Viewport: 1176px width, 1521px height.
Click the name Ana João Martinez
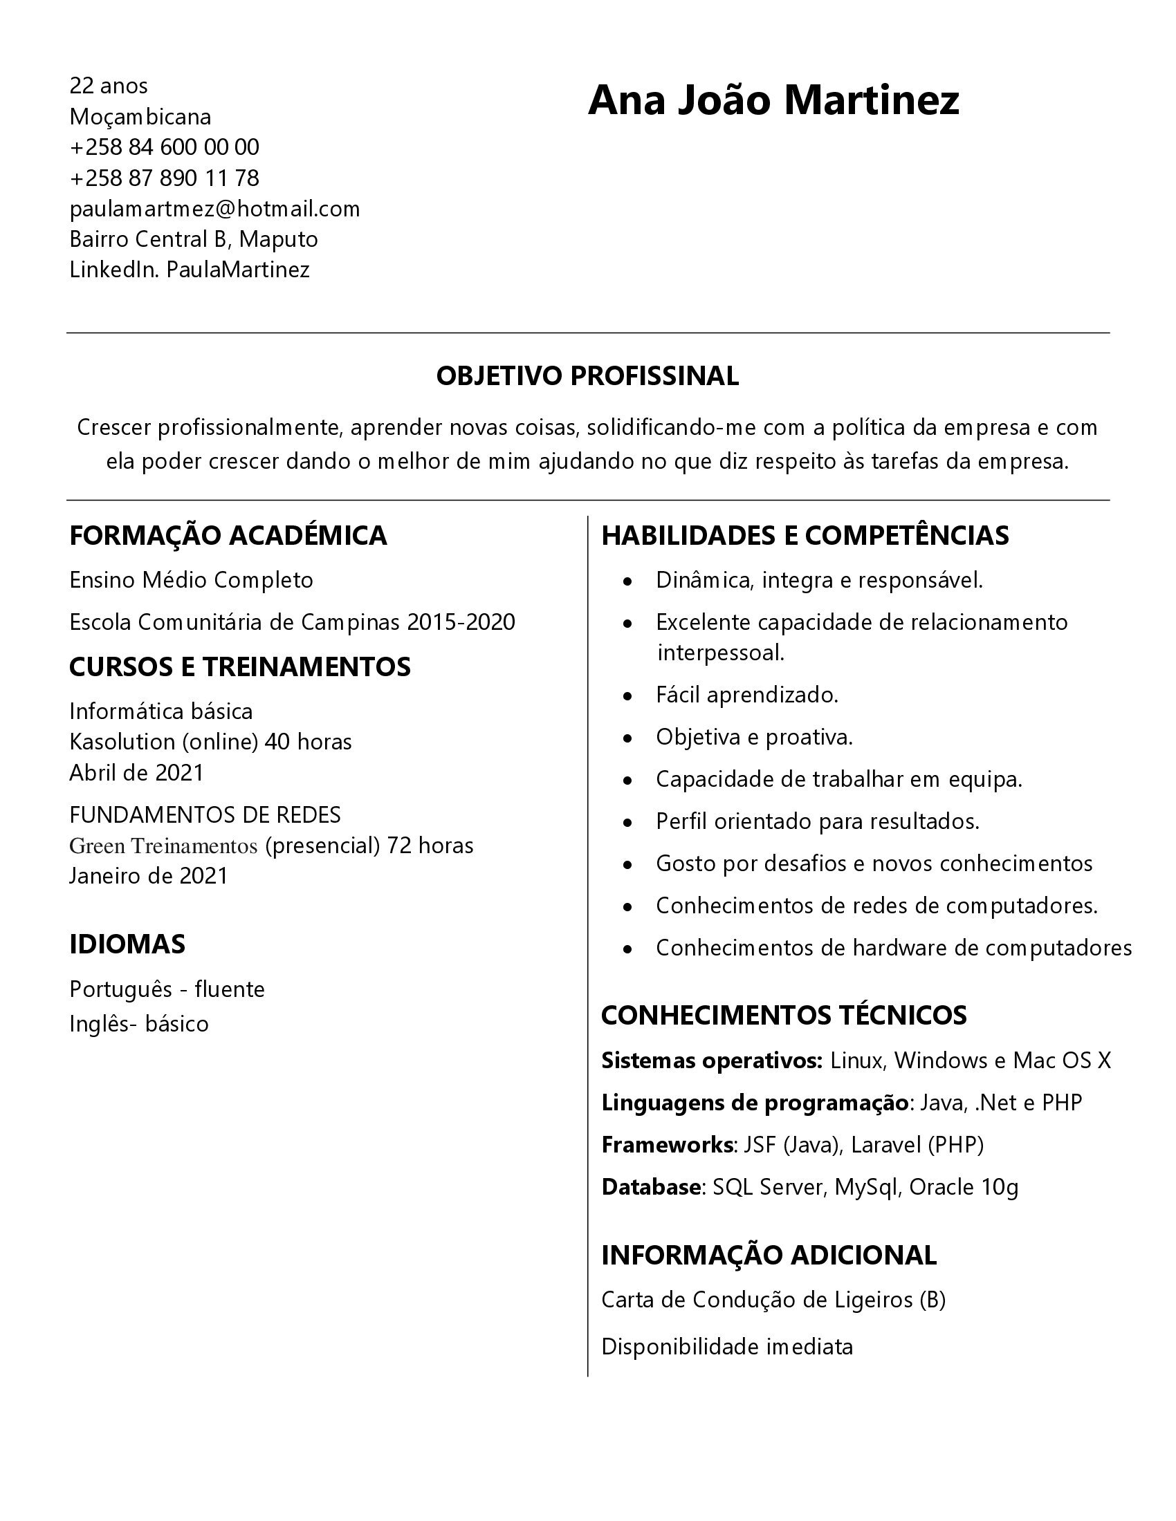coord(773,100)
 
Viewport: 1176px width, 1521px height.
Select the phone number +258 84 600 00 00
coord(165,147)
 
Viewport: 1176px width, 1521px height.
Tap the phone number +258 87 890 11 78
coord(165,178)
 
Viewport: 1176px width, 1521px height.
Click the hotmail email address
coord(214,209)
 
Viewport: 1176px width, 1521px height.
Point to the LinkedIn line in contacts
coord(190,270)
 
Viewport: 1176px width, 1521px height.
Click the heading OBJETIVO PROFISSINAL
coord(587,376)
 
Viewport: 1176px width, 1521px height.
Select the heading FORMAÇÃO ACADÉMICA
coord(228,536)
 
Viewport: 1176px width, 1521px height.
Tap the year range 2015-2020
coord(461,622)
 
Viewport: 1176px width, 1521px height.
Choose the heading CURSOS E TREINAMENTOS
coord(239,667)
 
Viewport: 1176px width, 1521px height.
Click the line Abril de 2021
coord(136,773)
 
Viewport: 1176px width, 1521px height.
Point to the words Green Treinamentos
coord(164,846)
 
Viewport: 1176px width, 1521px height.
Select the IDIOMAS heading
coord(127,944)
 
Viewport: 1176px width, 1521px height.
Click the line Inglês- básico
coord(139,1024)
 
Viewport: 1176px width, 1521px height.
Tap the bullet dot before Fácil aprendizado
coord(628,696)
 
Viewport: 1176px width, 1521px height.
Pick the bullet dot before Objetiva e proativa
coord(628,738)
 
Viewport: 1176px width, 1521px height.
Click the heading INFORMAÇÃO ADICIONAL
coord(769,1255)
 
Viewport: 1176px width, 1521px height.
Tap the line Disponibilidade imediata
coord(726,1347)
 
